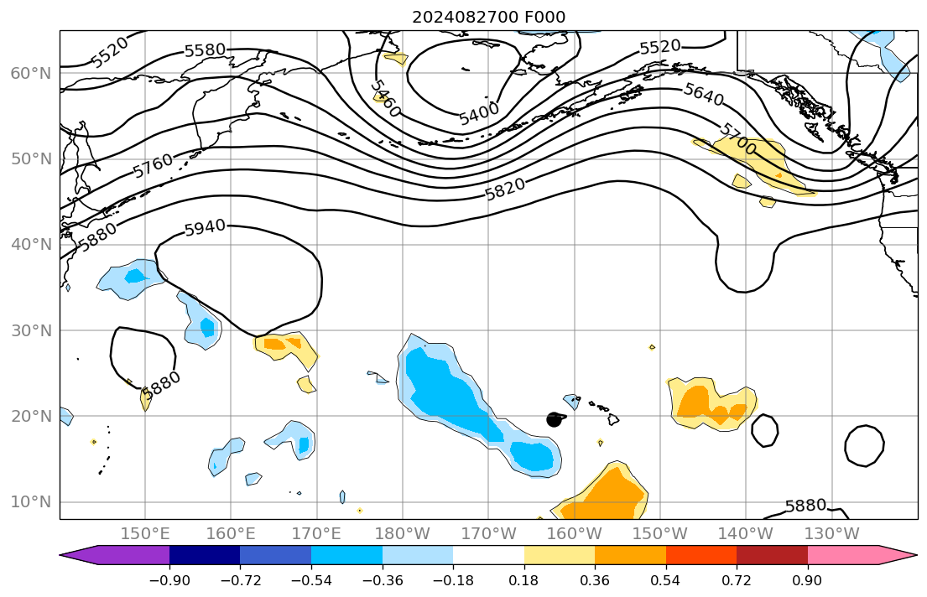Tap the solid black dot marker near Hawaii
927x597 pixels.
pyautogui.click(x=554, y=419)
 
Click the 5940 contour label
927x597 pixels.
pyautogui.click(x=205, y=226)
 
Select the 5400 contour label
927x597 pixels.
pyautogui.click(x=479, y=112)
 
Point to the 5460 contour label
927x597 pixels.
pyautogui.click(x=385, y=99)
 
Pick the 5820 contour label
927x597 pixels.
pyautogui.click(x=505, y=189)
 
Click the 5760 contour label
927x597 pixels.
pyautogui.click(x=153, y=165)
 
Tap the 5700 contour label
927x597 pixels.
pyautogui.click(x=737, y=138)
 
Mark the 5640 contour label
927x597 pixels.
pyautogui.click(x=703, y=96)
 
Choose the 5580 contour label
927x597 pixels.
pyautogui.click(x=205, y=50)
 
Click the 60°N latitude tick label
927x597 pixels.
pyautogui.click(x=30, y=74)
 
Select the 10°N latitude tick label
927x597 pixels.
pyautogui.click(x=30, y=502)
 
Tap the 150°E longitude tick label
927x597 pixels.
pyautogui.click(x=146, y=533)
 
